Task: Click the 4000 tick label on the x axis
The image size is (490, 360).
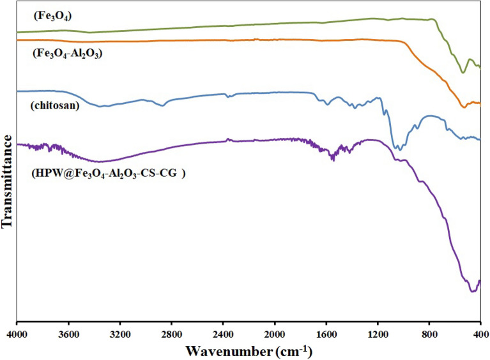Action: click(17, 334)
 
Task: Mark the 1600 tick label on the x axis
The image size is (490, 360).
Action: click(326, 334)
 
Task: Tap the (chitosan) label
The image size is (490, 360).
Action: click(54, 105)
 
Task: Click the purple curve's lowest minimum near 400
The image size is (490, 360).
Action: click(472, 292)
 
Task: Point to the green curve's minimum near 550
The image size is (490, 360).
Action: click(463, 73)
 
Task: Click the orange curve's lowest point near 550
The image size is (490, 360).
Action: click(464, 107)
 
